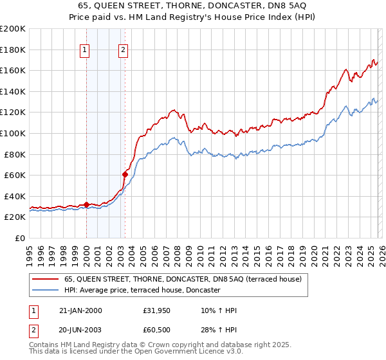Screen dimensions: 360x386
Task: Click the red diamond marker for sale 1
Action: coord(86,204)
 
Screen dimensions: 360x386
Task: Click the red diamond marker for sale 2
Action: coord(125,174)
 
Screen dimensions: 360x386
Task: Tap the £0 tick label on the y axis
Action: coord(21,238)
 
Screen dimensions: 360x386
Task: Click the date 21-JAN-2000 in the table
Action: coord(80,311)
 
